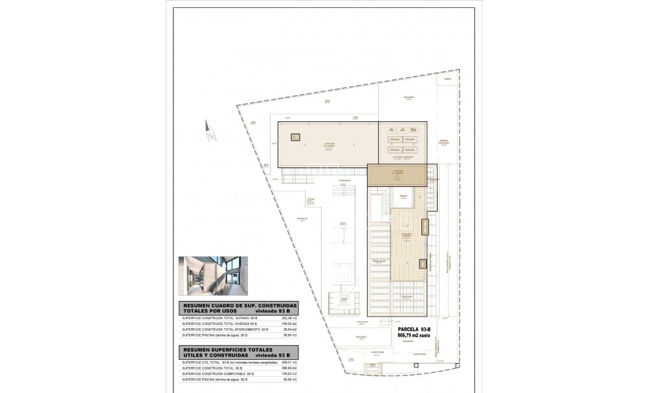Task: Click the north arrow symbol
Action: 209,132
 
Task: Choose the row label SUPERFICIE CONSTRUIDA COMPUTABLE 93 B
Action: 218,374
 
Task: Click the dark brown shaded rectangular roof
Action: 396,174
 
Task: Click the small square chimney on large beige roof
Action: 295,137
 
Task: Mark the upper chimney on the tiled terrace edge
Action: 425,227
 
